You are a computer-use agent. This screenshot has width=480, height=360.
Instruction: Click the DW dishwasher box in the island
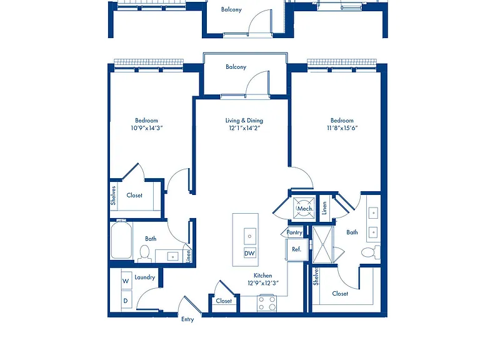[x=250, y=253]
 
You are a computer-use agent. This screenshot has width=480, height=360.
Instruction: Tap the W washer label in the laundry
[x=126, y=281]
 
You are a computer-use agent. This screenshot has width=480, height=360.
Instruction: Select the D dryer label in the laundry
[x=126, y=301]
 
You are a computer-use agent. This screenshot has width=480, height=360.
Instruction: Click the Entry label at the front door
[x=187, y=319]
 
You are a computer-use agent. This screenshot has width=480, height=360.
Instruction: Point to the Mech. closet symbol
[x=304, y=209]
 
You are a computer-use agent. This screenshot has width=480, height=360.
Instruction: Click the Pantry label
[x=294, y=232]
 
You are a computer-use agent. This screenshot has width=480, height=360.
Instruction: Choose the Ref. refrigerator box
[x=297, y=249]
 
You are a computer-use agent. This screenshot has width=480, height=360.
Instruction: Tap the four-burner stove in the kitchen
[x=267, y=303]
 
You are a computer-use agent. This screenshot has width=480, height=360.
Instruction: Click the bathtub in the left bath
[x=121, y=240]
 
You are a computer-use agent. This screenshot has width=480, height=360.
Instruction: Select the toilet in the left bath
[x=144, y=254]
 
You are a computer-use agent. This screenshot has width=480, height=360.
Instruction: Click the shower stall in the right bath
[x=322, y=244]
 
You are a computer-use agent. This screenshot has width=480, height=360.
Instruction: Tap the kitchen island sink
[x=250, y=236]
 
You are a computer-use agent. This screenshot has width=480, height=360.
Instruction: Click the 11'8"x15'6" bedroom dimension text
[x=342, y=128]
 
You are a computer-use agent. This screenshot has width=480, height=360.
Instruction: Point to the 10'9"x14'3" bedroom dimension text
[x=147, y=128]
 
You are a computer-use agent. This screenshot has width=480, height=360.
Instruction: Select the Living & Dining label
[x=244, y=120]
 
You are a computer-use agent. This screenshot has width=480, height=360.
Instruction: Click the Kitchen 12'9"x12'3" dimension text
[x=263, y=283]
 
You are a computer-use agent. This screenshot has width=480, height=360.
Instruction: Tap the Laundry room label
[x=145, y=277]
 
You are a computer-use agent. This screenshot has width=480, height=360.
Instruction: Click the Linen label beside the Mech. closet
[x=324, y=208]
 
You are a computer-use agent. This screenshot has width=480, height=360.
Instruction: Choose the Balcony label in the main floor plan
[x=236, y=67]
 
